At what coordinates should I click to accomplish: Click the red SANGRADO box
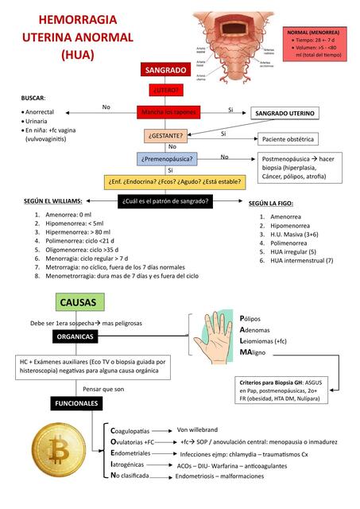(166, 71)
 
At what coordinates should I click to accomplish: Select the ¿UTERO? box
(166, 90)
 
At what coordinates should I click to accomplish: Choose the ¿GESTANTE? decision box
(166, 135)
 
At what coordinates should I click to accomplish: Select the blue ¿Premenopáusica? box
(166, 159)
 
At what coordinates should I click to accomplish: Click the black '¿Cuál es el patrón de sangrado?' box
(166, 201)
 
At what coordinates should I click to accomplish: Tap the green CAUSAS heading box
(78, 302)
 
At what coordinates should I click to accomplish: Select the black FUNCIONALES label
(76, 403)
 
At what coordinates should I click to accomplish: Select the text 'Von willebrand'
(197, 429)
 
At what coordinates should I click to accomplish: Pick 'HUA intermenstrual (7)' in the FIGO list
(301, 260)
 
